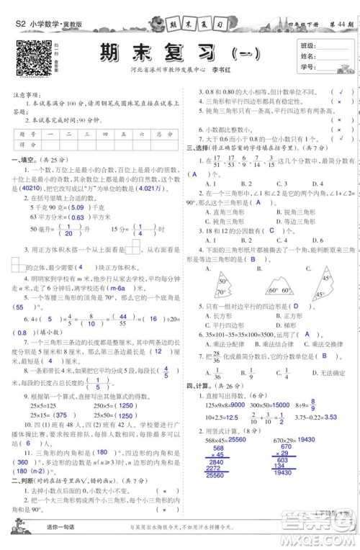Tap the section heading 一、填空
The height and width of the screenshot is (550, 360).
[22, 160]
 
